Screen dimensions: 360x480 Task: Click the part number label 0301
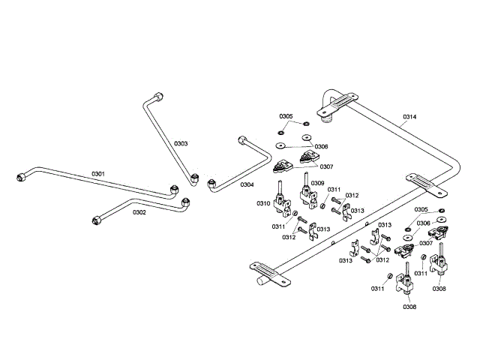click(98, 174)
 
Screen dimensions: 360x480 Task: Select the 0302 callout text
click(139, 212)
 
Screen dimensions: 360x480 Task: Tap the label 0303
click(181, 142)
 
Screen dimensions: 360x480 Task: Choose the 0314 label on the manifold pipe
click(409, 117)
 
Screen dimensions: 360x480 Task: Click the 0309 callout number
click(317, 183)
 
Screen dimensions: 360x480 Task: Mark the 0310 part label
click(262, 204)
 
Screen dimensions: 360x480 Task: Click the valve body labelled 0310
click(283, 201)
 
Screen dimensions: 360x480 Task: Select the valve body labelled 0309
click(307, 196)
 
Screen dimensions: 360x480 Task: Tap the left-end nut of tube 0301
click(21, 178)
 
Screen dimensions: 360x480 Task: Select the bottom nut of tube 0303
click(194, 179)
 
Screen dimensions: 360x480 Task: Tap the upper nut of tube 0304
click(241, 139)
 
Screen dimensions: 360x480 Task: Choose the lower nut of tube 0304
click(211, 184)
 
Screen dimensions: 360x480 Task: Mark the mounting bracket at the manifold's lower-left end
click(268, 272)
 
